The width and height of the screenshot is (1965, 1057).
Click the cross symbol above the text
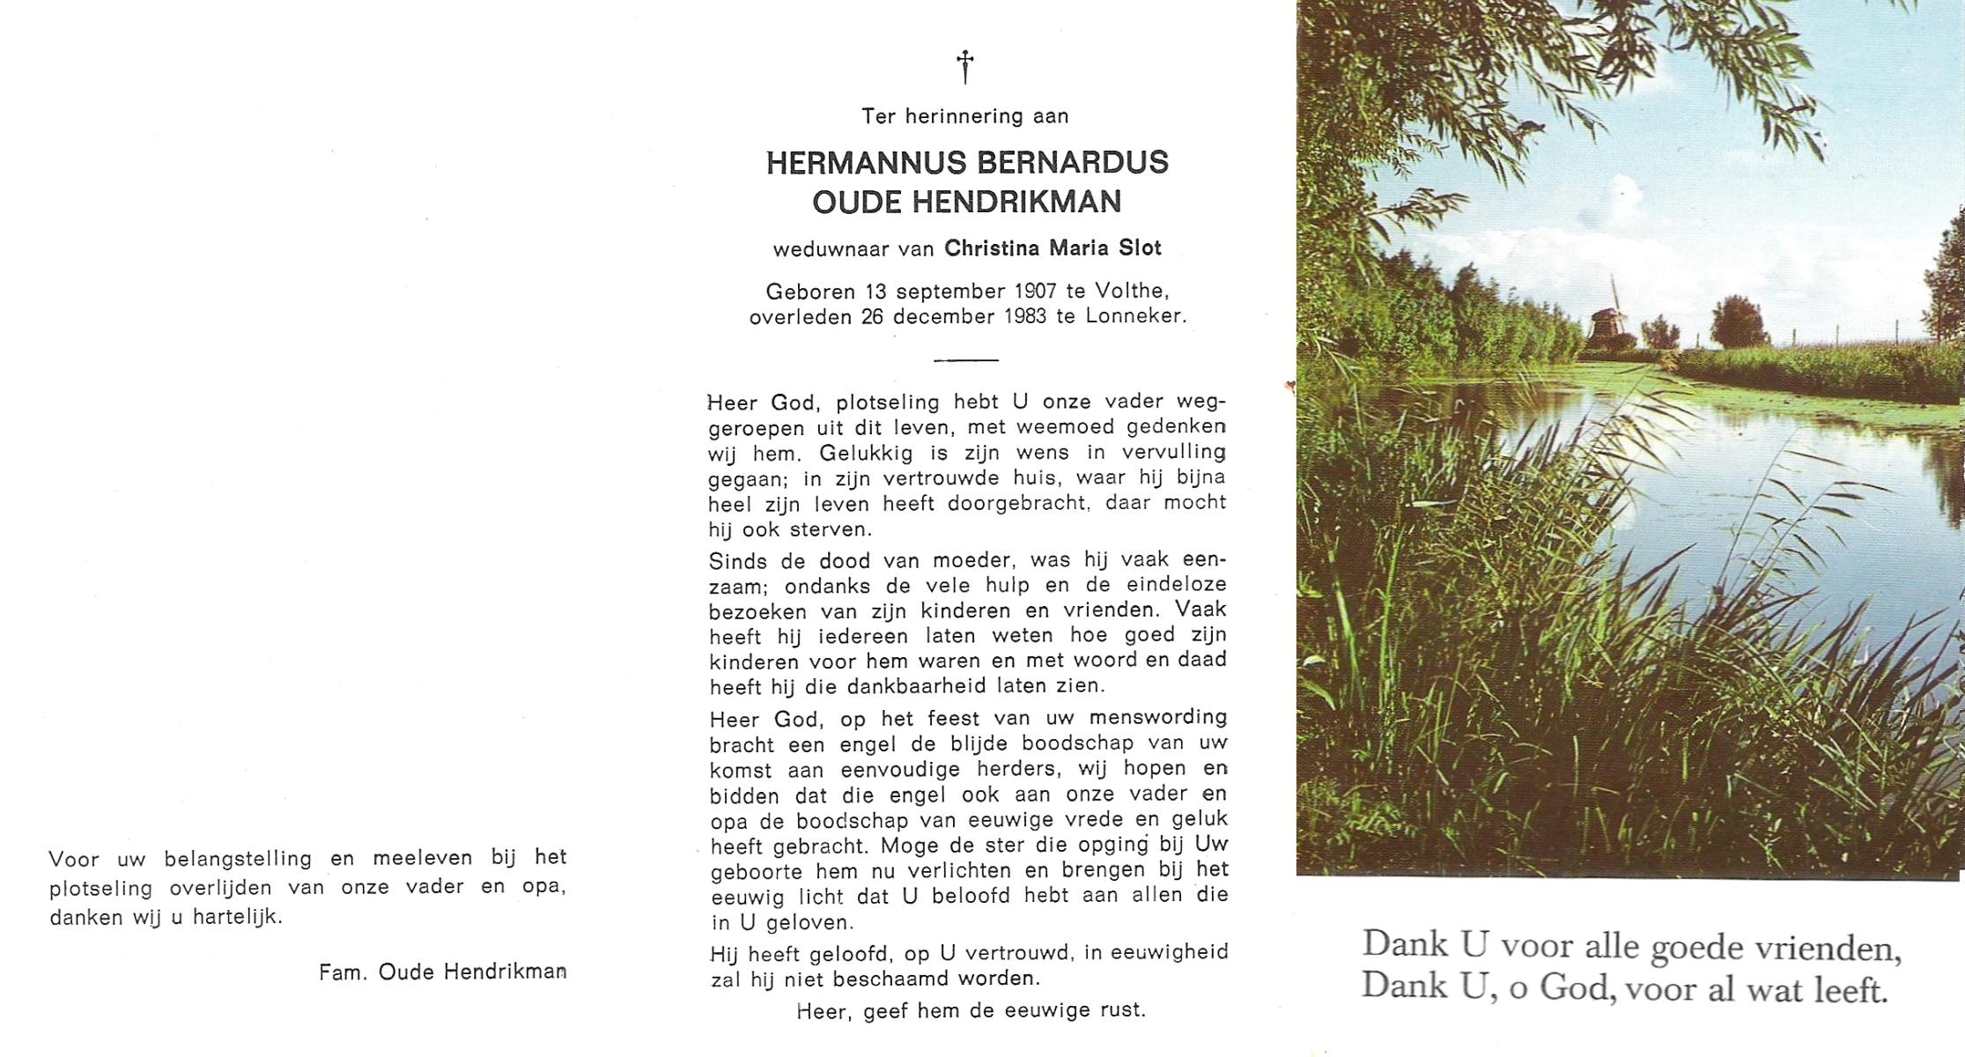click(965, 66)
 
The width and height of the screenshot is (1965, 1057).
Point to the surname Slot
click(1140, 248)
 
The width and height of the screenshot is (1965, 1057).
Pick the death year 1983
click(1024, 316)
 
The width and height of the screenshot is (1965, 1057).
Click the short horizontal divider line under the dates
click(965, 359)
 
